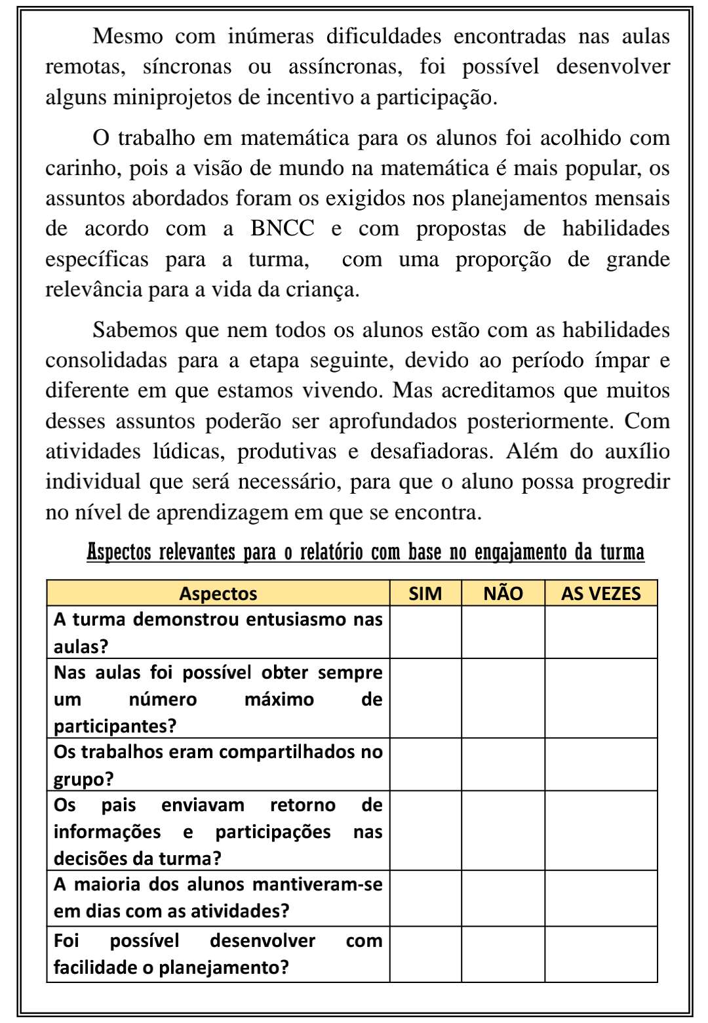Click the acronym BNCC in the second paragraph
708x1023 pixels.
(x=283, y=228)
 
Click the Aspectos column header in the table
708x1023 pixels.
(x=218, y=593)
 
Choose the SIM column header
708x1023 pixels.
(x=425, y=593)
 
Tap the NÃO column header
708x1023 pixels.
(x=503, y=593)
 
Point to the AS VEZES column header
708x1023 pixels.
(x=600, y=593)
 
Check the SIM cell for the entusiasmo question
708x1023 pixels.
(x=425, y=632)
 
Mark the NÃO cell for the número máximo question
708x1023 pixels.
(x=503, y=698)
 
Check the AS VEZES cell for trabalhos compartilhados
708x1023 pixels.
(x=600, y=765)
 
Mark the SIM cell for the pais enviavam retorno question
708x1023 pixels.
(x=425, y=831)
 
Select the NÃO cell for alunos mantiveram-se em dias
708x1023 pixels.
(x=503, y=898)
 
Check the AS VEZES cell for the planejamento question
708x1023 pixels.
(x=600, y=954)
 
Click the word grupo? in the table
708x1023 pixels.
(x=83, y=779)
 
